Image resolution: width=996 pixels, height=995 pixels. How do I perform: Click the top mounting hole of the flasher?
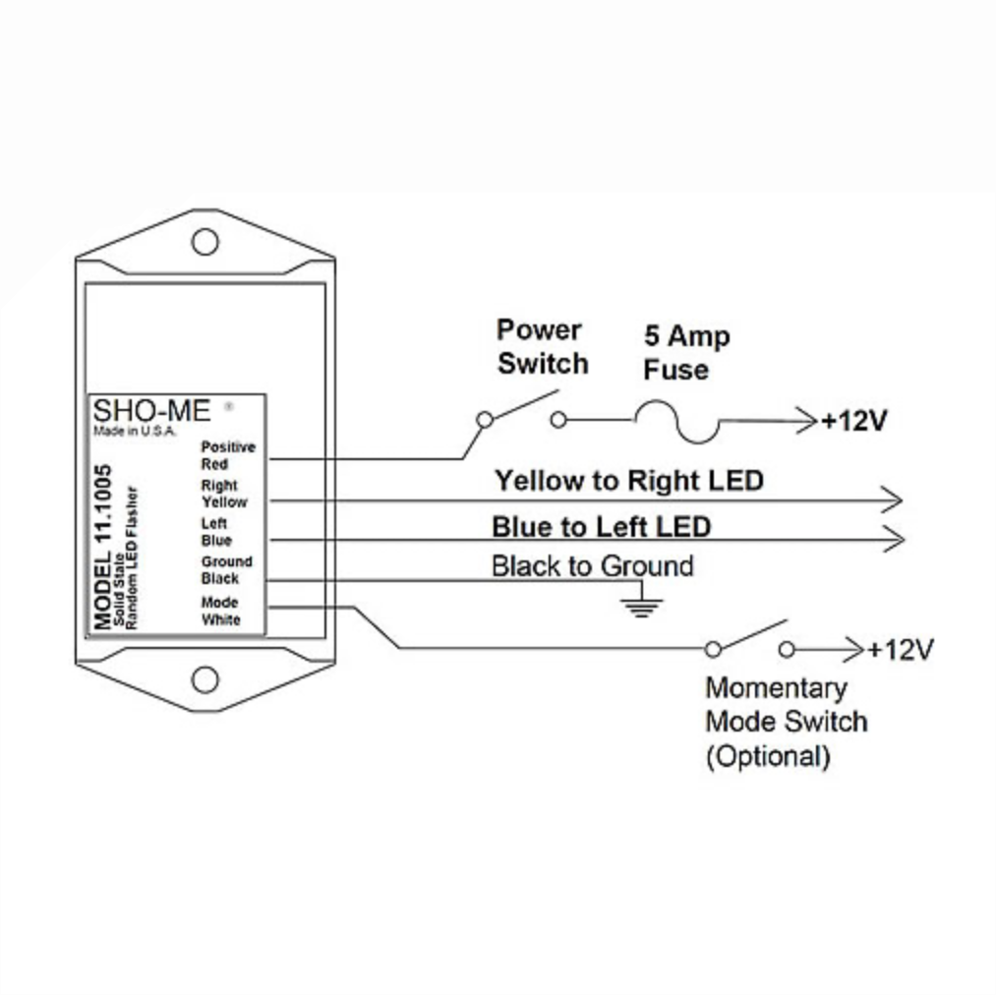tap(205, 241)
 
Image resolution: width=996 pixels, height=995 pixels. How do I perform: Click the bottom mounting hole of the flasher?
tap(205, 678)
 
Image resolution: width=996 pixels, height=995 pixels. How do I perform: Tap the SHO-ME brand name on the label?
tap(151, 412)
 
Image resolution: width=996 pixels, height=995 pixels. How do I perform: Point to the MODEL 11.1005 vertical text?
tap(102, 547)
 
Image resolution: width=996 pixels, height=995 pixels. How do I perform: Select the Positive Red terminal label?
tap(227, 455)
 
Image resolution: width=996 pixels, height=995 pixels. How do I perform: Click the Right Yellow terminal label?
tap(224, 494)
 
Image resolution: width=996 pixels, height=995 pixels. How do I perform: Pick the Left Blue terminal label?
tap(216, 532)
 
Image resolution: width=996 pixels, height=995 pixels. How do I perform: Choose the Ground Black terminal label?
tap(226, 570)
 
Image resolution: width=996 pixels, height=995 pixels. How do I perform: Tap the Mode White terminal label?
tap(220, 611)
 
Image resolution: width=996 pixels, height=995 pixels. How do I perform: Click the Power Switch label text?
tap(542, 346)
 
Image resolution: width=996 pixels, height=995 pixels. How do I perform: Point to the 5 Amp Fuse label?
tap(686, 353)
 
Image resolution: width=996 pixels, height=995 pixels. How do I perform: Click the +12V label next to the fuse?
tap(854, 422)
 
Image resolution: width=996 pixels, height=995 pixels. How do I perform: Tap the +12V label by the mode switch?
tap(900, 650)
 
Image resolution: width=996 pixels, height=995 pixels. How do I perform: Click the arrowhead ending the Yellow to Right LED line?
tap(893, 499)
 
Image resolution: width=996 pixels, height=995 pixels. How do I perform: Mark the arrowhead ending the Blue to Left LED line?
tap(893, 539)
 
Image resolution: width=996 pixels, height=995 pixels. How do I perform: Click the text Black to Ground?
tap(592, 566)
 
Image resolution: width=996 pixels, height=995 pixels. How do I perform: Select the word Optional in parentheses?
tap(768, 756)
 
